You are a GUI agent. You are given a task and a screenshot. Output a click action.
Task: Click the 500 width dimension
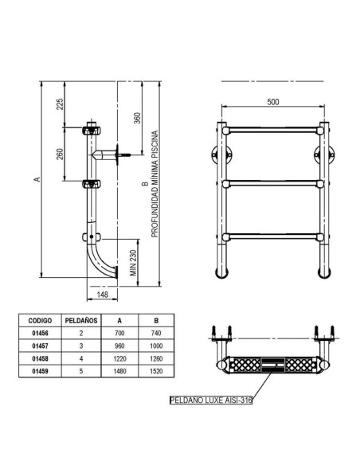coord(273,102)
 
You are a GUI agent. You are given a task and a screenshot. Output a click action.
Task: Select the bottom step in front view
coord(272,236)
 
